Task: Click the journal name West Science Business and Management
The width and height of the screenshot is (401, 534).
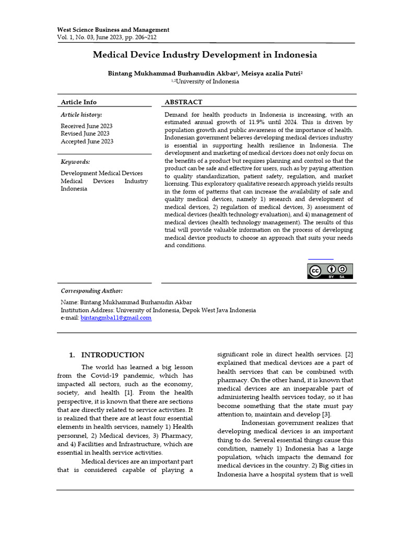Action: pyautogui.click(x=113, y=30)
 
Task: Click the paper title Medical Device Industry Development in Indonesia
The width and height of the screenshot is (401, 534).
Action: pyautogui.click(x=205, y=55)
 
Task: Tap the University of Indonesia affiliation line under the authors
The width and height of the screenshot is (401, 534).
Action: pyautogui.click(x=205, y=81)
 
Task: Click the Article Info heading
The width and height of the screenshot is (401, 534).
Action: pyautogui.click(x=79, y=102)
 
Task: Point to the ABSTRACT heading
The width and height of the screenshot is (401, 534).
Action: pyautogui.click(x=183, y=102)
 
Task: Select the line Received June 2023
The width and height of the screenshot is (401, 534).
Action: pyautogui.click(x=87, y=126)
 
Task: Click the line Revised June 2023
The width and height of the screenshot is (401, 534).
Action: pyautogui.click(x=85, y=133)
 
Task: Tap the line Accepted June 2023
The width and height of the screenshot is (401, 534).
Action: pyautogui.click(x=87, y=141)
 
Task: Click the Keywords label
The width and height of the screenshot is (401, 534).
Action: pyautogui.click(x=76, y=162)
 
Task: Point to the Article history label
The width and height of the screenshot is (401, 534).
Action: pyautogui.click(x=81, y=115)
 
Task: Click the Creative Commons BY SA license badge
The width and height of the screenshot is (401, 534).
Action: pyautogui.click(x=329, y=271)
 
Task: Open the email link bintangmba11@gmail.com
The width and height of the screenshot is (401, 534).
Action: pyautogui.click(x=116, y=318)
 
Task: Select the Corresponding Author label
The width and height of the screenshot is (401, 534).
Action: pyautogui.click(x=92, y=290)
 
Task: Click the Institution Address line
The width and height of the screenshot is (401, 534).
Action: pyautogui.click(x=158, y=310)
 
